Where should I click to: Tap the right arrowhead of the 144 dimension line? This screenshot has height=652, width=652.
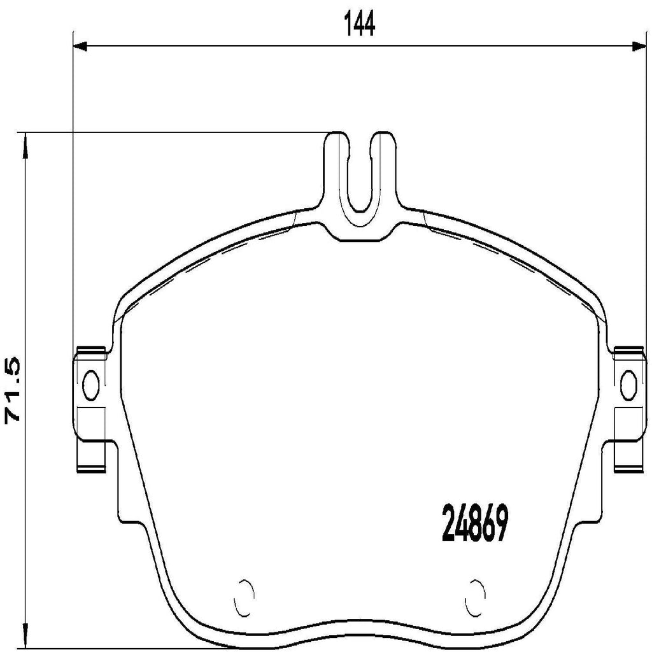pos(638,45)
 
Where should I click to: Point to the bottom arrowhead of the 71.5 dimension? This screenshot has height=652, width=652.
pos(25,637)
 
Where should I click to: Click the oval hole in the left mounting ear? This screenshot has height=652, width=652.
pos(90,382)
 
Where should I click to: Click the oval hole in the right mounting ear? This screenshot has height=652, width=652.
pos(628,382)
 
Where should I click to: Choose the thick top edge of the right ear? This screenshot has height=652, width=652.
pos(628,349)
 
